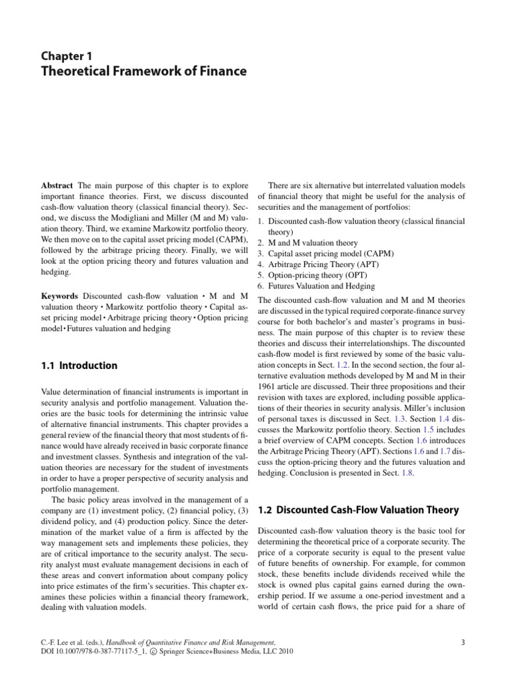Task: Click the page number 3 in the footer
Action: [462, 642]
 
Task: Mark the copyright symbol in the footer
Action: [171, 652]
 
